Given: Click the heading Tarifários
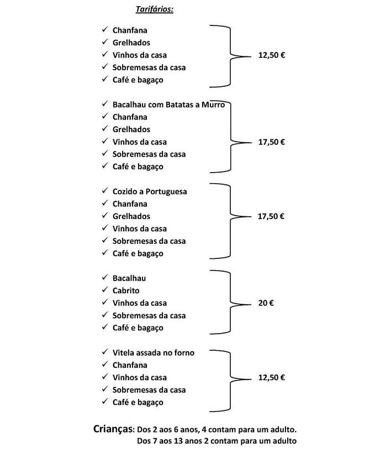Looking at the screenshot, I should coord(154,9).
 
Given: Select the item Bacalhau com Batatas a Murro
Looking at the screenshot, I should coord(168,105).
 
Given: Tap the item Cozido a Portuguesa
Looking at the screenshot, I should coord(150,191).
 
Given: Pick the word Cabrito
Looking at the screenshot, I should coord(126,290).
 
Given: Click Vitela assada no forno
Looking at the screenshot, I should coord(153,352).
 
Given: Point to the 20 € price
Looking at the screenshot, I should coord(266,303).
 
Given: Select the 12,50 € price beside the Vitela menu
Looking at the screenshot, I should coord(271,378).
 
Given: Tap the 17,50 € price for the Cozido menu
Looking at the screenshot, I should coord(271,216).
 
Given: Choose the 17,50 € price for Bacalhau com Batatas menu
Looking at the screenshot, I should coord(271,142).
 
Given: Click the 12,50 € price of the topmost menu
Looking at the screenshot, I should coord(271,55).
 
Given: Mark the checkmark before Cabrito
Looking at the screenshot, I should coord(104,290).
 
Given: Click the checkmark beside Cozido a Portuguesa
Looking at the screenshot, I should coord(104,191).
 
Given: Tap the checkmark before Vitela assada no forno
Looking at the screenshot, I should coord(104,352).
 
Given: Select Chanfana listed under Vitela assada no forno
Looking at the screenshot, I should coord(130,365).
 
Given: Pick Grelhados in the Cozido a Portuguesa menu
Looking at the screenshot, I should coord(131,216).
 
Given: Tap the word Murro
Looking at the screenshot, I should coord(213,105).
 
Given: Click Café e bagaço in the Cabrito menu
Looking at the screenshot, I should coord(138,328).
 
